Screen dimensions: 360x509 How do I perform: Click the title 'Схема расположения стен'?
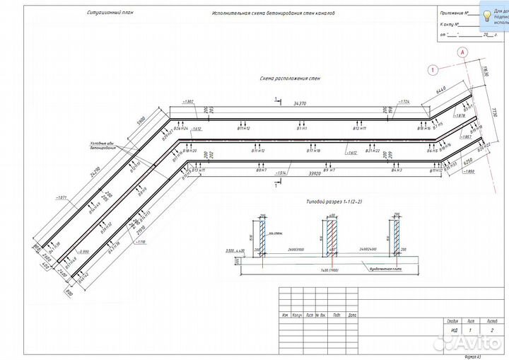pyautogui.click(x=280, y=79)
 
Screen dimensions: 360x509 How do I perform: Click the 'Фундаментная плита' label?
pyautogui.click(x=382, y=269)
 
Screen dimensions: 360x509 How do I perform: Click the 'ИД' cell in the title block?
pyautogui.click(x=453, y=330)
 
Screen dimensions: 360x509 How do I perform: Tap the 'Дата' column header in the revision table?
pyautogui.click(x=352, y=315)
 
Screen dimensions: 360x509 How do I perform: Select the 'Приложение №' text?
pyautogui.click(x=452, y=13)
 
